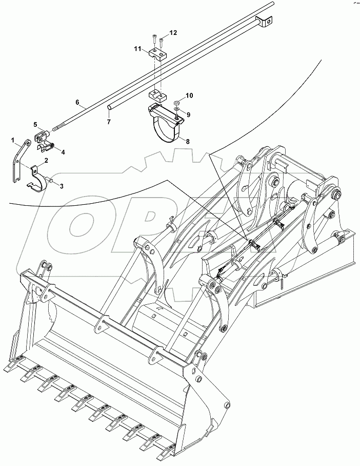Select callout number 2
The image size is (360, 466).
[x=46, y=161]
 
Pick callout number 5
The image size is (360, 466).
[x=35, y=124]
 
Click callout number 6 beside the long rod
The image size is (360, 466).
[x=77, y=103]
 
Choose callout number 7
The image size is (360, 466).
[x=108, y=122]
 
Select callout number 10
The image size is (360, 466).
[x=189, y=95]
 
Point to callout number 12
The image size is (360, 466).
[x=173, y=32]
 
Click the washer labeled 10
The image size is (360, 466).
[x=176, y=103]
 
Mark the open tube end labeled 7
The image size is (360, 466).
[x=109, y=107]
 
